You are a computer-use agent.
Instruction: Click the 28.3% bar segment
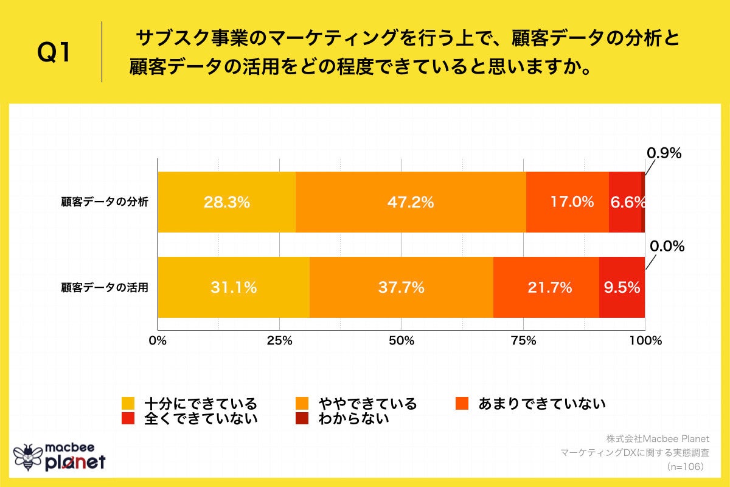[x=226, y=202]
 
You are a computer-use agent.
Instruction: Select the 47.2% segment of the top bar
[x=411, y=202]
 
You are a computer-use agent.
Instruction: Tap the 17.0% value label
[x=572, y=202]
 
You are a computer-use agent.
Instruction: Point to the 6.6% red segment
[x=625, y=202]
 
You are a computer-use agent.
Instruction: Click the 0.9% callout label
[x=663, y=153]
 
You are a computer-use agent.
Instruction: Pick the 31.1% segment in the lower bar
[x=234, y=287]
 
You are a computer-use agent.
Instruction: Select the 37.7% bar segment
[x=401, y=287]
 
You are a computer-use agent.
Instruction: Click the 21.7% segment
[x=546, y=287]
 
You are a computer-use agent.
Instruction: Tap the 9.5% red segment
[x=622, y=287]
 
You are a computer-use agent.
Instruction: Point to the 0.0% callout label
[x=667, y=247]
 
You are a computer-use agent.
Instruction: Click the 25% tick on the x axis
[x=279, y=340]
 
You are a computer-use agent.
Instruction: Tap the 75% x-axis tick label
[x=523, y=340]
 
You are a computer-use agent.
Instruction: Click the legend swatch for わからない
[x=302, y=418]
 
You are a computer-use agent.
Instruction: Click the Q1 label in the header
[x=55, y=54]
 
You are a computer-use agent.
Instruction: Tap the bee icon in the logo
[x=27, y=457]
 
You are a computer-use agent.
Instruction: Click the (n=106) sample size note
[x=685, y=466]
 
